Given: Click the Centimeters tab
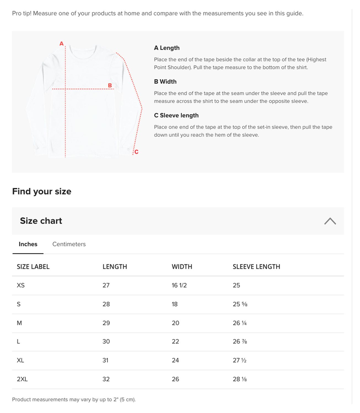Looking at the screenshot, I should [x=69, y=244].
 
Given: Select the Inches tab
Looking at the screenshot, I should [x=28, y=244].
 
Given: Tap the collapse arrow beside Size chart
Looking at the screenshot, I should [x=330, y=221].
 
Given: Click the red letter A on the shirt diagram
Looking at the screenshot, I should [x=61, y=44].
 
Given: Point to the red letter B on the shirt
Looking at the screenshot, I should [x=110, y=85].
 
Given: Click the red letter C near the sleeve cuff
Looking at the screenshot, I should [x=136, y=152].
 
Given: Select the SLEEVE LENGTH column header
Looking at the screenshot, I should [x=256, y=267].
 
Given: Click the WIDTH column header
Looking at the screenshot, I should [x=182, y=267].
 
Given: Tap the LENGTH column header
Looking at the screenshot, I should [x=115, y=267].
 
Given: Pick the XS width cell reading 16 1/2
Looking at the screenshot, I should [x=179, y=286].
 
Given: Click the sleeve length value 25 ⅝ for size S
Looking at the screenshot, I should [x=240, y=304].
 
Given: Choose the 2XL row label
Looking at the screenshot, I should [x=22, y=379].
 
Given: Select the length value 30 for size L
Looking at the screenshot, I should [x=106, y=342].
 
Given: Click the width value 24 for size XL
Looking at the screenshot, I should [x=175, y=360].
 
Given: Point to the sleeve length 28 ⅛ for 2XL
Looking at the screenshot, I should [x=240, y=379].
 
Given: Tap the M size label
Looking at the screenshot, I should [x=19, y=323].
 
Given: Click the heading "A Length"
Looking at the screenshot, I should [x=167, y=48].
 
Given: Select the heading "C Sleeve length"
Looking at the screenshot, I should [x=176, y=115].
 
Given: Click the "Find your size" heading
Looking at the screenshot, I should [x=42, y=191].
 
